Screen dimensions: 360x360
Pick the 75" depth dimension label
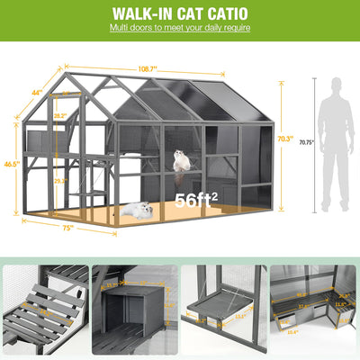pyautogui.click(x=67, y=228)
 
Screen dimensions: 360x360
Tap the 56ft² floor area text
pyautogui.click(x=195, y=200)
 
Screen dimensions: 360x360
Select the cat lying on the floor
pyautogui.click(x=138, y=210)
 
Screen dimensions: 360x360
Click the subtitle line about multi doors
pyautogui.click(x=179, y=29)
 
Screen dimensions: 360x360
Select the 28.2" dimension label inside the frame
pyautogui.click(x=59, y=116)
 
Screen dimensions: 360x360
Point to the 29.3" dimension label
pyautogui.click(x=59, y=181)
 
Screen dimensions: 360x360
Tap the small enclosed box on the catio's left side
pyautogui.click(x=40, y=142)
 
